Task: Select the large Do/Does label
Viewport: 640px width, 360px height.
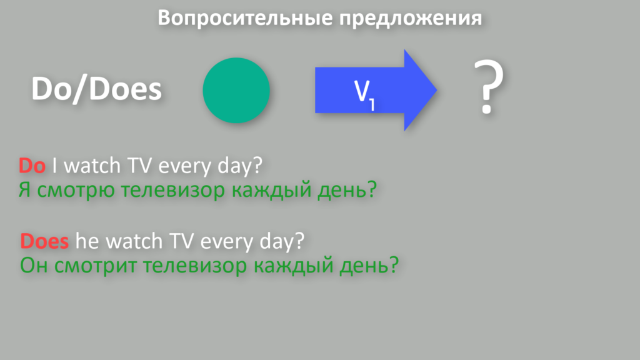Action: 97,89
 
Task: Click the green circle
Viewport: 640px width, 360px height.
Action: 236,90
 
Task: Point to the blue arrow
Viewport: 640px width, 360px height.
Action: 376,90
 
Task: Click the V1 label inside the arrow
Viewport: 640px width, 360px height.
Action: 364,94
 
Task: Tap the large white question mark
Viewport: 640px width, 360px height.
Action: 489,86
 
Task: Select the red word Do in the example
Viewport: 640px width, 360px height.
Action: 32,166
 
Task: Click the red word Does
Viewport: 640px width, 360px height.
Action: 44,241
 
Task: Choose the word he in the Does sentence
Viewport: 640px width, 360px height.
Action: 87,241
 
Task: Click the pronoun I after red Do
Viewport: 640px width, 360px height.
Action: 54,166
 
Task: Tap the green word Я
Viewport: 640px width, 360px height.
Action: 24,190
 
